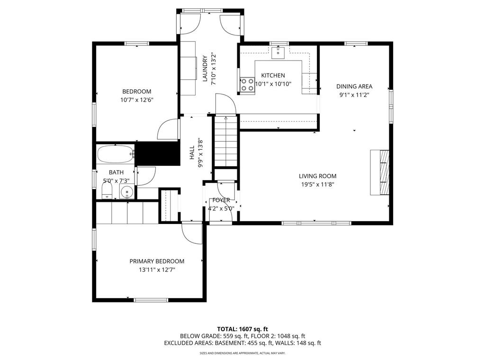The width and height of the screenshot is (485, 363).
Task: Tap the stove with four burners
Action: pyautogui.click(x=247, y=85)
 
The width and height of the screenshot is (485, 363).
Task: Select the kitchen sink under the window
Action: pyautogui.click(x=278, y=52)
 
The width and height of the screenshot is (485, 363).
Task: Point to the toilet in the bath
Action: pyautogui.click(x=107, y=191)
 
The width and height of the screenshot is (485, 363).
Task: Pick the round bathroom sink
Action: pyautogui.click(x=126, y=192)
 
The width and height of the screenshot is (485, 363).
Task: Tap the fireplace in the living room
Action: pyautogui.click(x=380, y=173)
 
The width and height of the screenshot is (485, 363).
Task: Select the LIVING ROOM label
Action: pyautogui.click(x=317, y=176)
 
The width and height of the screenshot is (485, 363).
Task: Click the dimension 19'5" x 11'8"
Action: pyautogui.click(x=317, y=185)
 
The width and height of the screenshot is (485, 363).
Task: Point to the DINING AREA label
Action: pyautogui.click(x=354, y=86)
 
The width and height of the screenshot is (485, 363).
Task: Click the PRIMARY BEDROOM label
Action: pyautogui.click(x=157, y=261)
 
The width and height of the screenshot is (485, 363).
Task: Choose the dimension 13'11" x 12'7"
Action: pyautogui.click(x=157, y=270)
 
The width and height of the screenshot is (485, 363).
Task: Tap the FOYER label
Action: pyautogui.click(x=221, y=200)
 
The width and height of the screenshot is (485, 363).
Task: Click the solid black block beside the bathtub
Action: pyautogui.click(x=157, y=154)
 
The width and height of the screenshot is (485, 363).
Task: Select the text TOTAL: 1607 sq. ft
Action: pyautogui.click(x=242, y=329)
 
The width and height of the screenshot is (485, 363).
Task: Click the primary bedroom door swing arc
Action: pyautogui.click(x=192, y=234)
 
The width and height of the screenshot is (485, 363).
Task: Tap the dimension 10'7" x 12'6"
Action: pyautogui.click(x=136, y=100)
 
